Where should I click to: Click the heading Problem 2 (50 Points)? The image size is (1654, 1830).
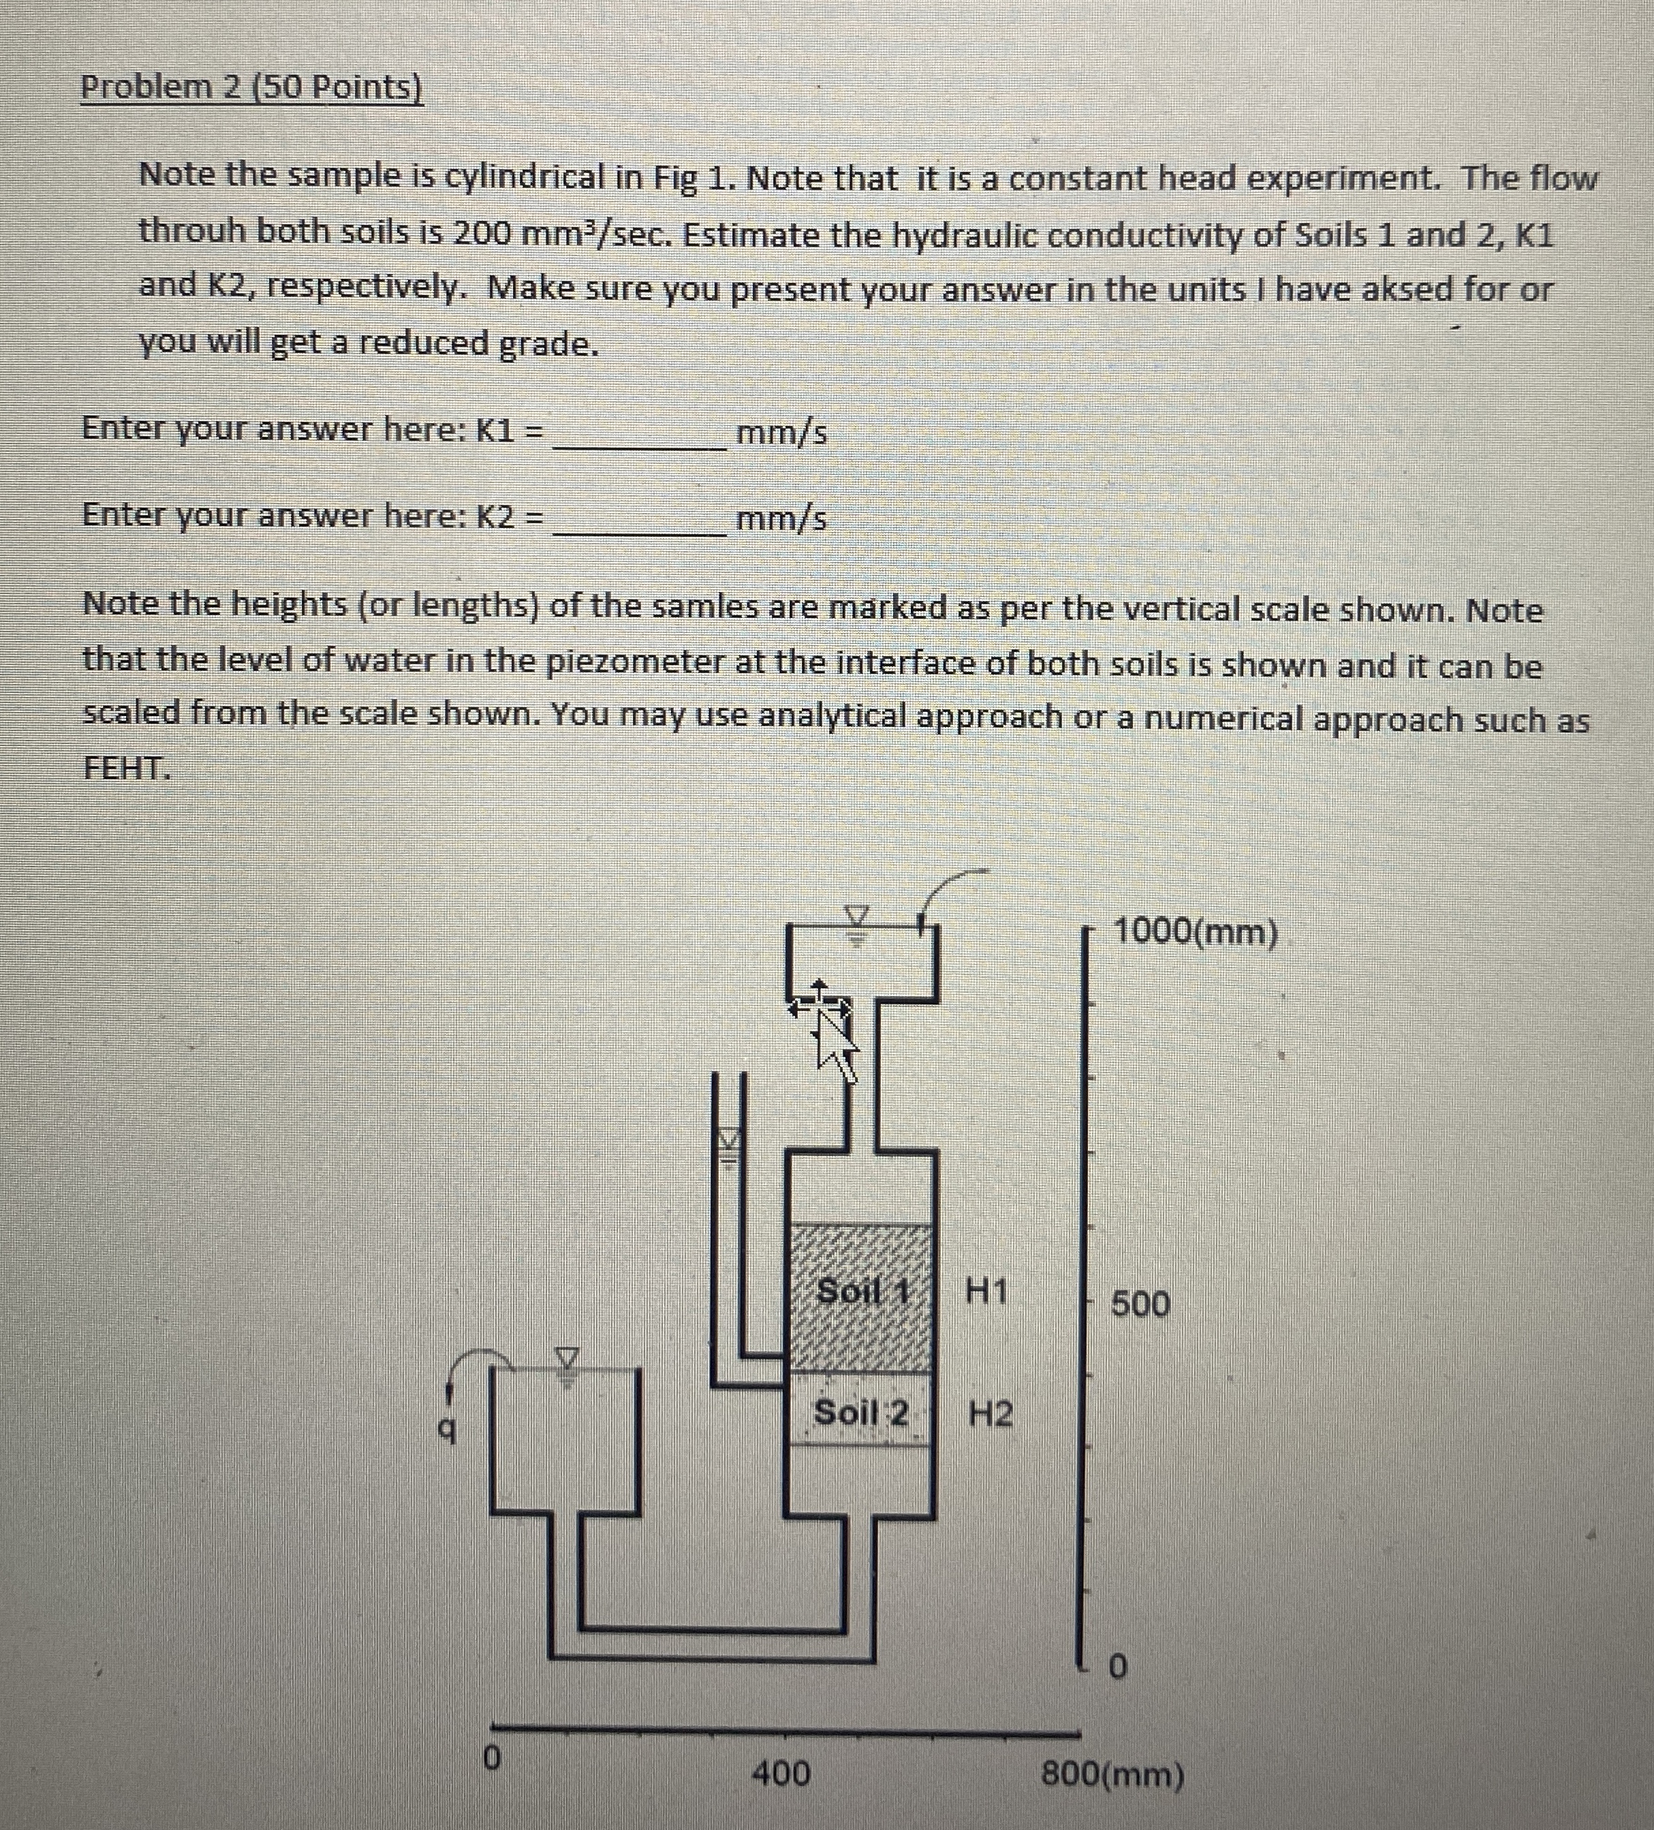[251, 88]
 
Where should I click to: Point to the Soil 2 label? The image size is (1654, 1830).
[860, 1412]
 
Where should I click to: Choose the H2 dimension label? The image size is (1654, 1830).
[990, 1413]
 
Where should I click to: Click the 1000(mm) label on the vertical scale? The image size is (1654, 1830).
[1195, 931]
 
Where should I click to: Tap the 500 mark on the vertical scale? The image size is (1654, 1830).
[1141, 1305]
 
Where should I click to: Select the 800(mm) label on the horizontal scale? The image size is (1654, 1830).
[1112, 1773]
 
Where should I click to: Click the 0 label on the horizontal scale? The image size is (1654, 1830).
[491, 1758]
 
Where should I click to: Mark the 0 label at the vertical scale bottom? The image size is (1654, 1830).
[1117, 1666]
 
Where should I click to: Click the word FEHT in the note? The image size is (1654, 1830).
[125, 768]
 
